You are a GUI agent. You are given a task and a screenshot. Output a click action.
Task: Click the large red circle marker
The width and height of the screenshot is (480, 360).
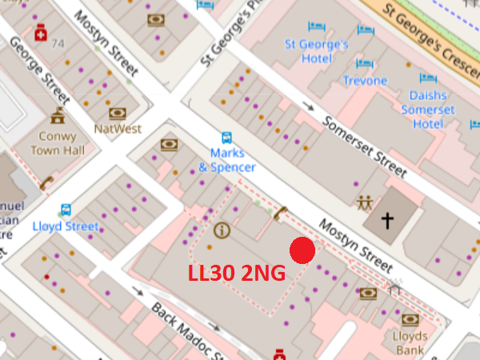(302, 250)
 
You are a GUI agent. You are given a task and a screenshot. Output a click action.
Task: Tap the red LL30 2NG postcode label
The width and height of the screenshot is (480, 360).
(236, 274)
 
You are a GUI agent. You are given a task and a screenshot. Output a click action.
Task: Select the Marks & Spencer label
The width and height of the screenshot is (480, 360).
(227, 160)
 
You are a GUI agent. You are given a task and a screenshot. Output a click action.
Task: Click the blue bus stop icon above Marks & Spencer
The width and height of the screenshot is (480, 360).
(227, 138)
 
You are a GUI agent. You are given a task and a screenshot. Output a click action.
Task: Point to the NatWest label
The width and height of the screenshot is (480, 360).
(118, 128)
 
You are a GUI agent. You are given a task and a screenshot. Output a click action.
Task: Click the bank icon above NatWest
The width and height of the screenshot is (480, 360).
(118, 113)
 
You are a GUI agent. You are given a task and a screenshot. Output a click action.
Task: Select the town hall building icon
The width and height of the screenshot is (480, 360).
(57, 118)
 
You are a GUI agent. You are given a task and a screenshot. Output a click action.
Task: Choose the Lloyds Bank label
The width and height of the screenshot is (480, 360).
(410, 343)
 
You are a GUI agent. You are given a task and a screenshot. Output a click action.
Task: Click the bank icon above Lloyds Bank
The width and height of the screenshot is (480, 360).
(410, 320)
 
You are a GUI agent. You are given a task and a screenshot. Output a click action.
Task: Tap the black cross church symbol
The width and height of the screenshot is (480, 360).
(389, 220)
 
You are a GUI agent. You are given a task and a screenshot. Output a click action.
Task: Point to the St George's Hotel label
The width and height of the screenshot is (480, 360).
(317, 51)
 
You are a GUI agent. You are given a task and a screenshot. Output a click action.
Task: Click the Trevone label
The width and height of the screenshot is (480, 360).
(365, 81)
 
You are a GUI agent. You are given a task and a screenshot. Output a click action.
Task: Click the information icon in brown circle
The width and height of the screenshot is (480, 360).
(222, 230)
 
